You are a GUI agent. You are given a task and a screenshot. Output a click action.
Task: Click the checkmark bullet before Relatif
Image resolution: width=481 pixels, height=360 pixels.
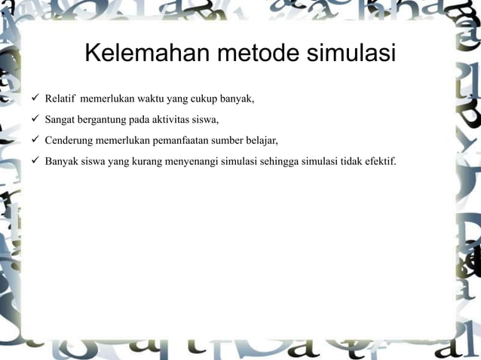point(34,99)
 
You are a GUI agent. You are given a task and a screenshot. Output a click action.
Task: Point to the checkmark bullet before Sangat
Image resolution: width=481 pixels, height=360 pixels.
point(34,119)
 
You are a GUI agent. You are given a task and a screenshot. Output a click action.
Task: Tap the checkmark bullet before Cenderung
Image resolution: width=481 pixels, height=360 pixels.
point(34,139)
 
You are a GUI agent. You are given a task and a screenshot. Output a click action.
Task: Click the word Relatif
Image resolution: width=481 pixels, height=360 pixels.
point(60,99)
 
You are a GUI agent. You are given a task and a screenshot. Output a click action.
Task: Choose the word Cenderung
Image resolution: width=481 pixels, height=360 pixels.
point(69,139)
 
